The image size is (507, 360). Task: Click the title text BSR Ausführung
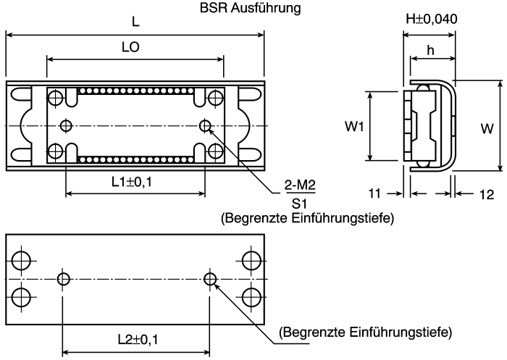pos(251,8)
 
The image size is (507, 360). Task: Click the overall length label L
pos(135,22)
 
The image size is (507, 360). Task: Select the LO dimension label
pos(130,47)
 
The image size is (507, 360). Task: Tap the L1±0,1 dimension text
pos(132,182)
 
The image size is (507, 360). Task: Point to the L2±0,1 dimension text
pos(138,340)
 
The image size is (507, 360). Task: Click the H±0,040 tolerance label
pos(432,19)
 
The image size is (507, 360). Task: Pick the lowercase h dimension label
pos(430,51)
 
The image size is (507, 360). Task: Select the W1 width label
pos(354,127)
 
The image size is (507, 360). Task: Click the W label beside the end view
pos(487,129)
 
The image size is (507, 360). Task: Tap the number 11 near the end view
pos(374,193)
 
